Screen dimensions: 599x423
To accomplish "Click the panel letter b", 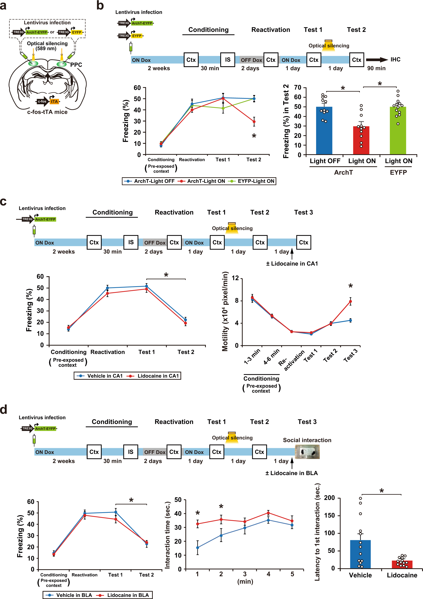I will coord(100,6).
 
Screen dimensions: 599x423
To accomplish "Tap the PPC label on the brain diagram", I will coord(76,65).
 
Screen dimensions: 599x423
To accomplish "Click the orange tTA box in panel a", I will coord(54,102).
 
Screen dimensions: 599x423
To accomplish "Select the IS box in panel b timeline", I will coord(227,60).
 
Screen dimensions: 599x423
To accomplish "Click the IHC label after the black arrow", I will coord(395,60).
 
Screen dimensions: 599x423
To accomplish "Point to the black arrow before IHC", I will coord(376,60).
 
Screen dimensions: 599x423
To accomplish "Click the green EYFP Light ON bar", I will coord(398,130).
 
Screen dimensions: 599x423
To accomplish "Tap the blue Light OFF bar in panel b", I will coord(324,130).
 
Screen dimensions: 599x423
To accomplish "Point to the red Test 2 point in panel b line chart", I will coord(254,122).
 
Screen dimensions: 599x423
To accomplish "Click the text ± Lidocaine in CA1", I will coord(292,263).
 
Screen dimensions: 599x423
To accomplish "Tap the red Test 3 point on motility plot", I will coord(350,301).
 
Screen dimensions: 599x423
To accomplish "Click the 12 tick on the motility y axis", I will coord(235,278).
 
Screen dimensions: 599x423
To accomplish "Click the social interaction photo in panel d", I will coord(307,452).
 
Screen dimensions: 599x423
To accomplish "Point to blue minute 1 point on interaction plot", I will coord(197,548).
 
